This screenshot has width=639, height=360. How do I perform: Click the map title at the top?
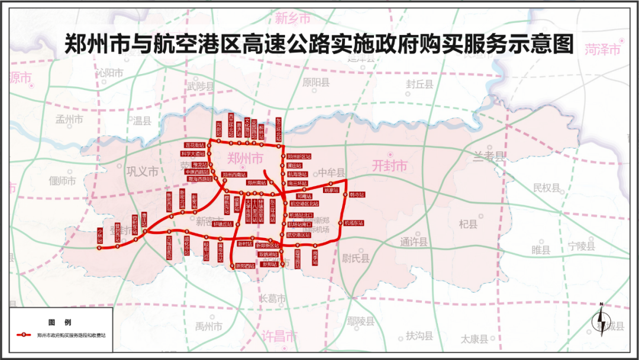[x=319, y=45]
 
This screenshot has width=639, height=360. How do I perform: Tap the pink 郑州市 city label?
[x=245, y=158]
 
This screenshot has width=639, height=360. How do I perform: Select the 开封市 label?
[x=389, y=166]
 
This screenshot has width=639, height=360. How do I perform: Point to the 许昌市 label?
[x=279, y=337]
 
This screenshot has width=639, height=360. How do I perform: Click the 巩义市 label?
[x=143, y=172]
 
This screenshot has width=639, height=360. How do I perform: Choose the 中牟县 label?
[x=331, y=173]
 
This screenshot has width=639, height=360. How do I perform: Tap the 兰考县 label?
[x=489, y=157]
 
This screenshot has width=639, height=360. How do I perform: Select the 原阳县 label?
[x=315, y=82]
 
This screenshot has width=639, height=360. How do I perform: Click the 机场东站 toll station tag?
[x=354, y=223]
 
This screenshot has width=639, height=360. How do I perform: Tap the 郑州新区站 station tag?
[x=299, y=156]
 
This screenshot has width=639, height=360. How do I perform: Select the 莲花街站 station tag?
[x=195, y=144]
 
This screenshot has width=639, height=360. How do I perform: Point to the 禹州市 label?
[x=210, y=326]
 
